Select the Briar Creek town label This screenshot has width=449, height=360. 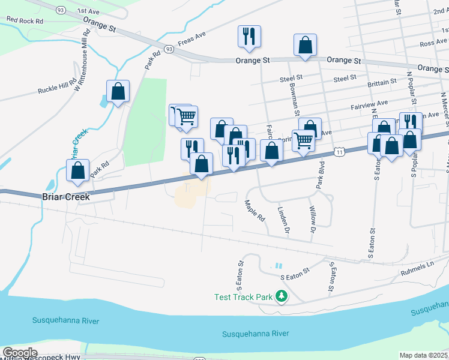pyautogui.click(x=66, y=197)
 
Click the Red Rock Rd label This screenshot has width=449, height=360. pyautogui.click(x=25, y=20)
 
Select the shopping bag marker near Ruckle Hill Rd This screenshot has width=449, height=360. pyautogui.click(x=118, y=92)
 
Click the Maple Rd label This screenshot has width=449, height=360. pyautogui.click(x=255, y=211)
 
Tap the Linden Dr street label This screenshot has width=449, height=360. pyautogui.click(x=283, y=218)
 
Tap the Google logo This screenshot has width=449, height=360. pyautogui.click(x=19, y=353)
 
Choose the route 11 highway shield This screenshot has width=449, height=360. pyautogui.click(x=340, y=153)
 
